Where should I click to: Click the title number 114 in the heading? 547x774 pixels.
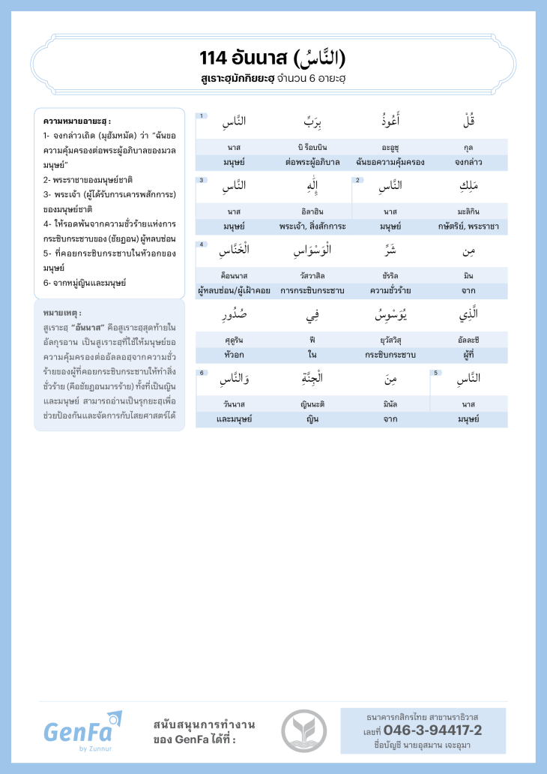coord(214,58)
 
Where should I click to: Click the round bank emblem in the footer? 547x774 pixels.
coord(303,731)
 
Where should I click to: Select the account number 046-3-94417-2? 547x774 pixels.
coord(432,730)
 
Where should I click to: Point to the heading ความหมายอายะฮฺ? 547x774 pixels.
coord(77,121)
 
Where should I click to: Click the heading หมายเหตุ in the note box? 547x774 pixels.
coord(63,312)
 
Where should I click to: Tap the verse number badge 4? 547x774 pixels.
coord(201,244)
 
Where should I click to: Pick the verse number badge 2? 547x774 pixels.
coord(358,180)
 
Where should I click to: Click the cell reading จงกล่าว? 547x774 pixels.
coord(468,162)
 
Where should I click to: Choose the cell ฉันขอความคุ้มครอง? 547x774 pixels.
coord(390,162)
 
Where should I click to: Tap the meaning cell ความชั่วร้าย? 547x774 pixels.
coord(390,290)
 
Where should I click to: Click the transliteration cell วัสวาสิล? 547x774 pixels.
coord(312,276)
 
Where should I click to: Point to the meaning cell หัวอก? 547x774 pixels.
coord(234,354)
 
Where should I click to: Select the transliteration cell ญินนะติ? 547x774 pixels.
coord(312,404)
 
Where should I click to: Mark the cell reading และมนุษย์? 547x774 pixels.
coord(234,418)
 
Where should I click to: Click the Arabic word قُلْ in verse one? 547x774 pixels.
coord(468,121)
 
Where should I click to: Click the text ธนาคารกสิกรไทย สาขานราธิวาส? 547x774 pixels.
coord(423,717)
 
